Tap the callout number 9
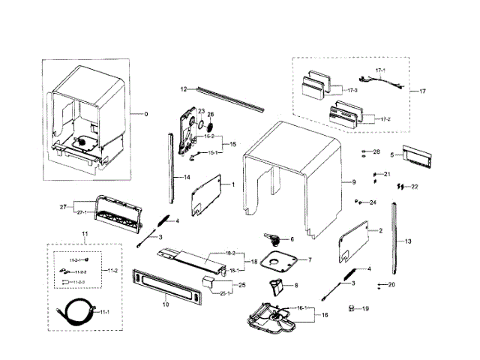353,182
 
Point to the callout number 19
365,308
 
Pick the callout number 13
409,242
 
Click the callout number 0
145,114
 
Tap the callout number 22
415,186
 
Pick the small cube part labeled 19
351,308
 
